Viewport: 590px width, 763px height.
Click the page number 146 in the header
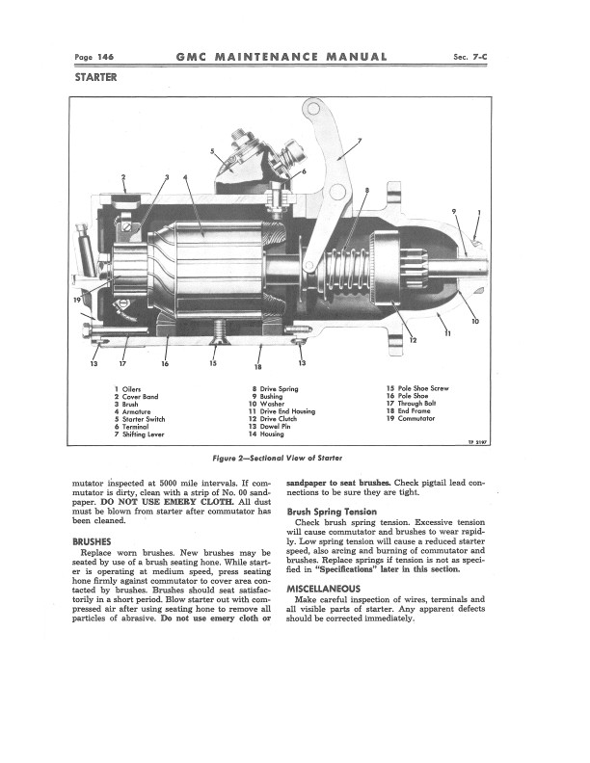(106, 57)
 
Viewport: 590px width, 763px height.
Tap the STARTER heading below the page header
(95, 77)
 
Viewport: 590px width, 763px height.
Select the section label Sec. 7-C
(469, 57)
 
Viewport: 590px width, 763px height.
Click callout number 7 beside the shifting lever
(360, 141)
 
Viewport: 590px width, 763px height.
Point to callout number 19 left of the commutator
(77, 300)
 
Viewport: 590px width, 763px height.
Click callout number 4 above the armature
(185, 177)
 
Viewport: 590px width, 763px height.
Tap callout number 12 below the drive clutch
(414, 340)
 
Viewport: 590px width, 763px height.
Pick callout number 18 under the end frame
(258, 367)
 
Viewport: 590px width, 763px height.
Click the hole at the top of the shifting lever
(314, 108)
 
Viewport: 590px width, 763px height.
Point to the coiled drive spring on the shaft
(347, 272)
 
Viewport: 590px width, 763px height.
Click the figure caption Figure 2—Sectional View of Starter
(278, 458)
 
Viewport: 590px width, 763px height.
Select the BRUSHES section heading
(92, 541)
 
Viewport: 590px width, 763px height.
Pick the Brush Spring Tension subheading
(332, 512)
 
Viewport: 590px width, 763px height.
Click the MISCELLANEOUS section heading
(324, 589)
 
